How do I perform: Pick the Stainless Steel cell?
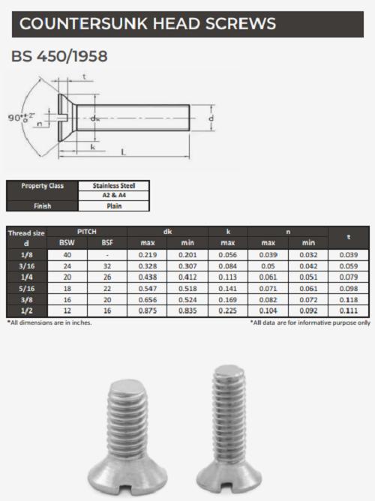(x=113, y=185)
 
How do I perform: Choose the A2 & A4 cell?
(x=113, y=195)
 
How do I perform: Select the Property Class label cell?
(x=42, y=185)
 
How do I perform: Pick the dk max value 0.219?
(x=147, y=255)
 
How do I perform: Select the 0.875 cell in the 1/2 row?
(x=147, y=310)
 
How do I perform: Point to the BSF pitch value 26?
(x=108, y=276)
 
